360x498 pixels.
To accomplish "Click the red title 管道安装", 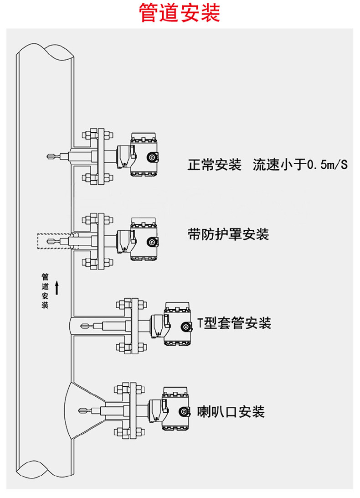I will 180,14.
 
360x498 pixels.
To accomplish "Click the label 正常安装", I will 214,164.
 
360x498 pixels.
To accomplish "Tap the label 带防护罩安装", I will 228,234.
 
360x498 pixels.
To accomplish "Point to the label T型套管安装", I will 234,323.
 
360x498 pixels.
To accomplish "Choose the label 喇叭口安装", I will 231,411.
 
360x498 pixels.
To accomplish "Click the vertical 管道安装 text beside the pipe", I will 45,291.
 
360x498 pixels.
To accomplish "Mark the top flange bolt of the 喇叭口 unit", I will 123,389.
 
